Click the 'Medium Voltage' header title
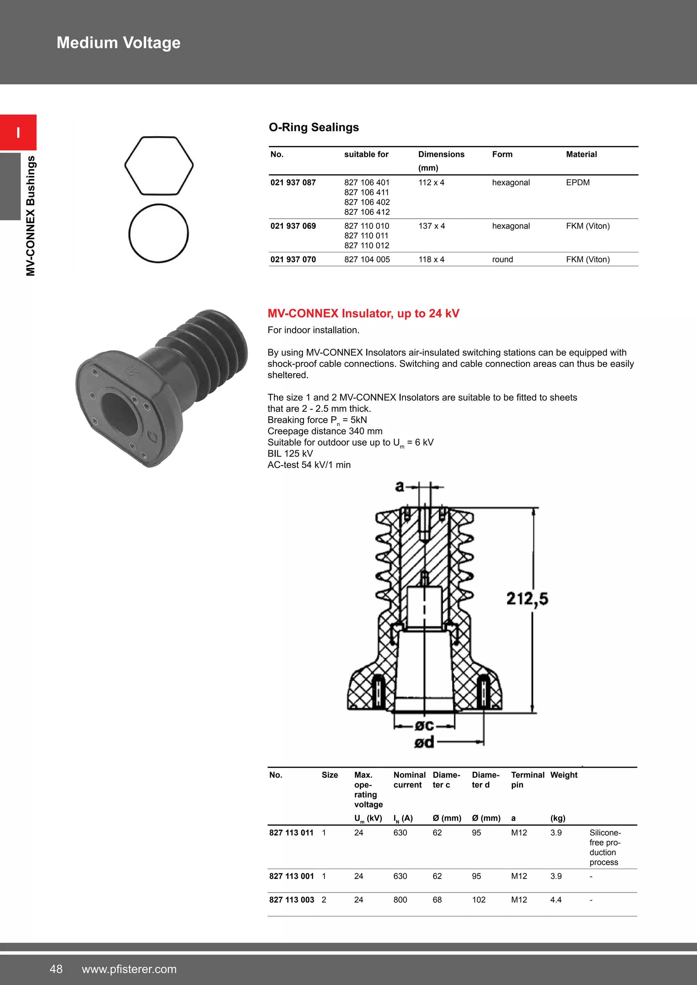pos(118,43)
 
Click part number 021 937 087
pos(293,182)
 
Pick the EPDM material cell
pos(577,182)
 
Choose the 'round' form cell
pos(502,260)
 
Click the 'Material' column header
pos(581,154)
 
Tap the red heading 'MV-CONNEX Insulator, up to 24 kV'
pos(363,314)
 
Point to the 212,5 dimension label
pos(527,599)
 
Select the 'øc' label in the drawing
pos(424,725)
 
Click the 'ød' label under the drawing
pos(424,742)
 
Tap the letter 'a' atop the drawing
pos(400,486)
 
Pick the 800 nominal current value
pos(400,900)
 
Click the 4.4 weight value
pos(556,900)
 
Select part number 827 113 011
pos(291,833)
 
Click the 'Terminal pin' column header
pos(527,780)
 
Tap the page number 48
pos(56,969)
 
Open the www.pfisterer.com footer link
pos(129,969)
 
